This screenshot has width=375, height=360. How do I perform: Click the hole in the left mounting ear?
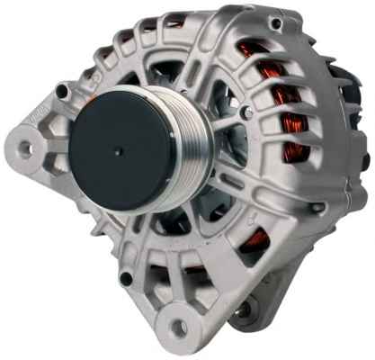23,143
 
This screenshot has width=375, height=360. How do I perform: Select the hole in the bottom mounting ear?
181,326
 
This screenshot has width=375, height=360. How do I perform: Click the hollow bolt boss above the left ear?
61,90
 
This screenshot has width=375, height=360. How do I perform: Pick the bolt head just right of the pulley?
245,112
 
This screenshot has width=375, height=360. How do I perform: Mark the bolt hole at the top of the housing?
275,23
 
